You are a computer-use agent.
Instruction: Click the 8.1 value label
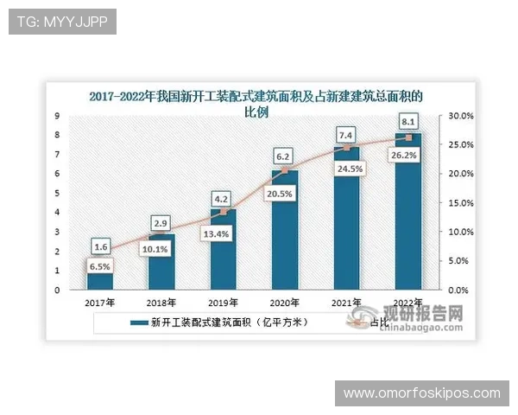point(409,122)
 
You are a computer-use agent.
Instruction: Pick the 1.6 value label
point(100,246)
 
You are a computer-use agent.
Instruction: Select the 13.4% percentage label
point(223,233)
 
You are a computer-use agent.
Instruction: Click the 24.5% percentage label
point(346,169)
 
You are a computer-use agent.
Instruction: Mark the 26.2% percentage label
point(408,156)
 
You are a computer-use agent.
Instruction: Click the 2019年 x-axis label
point(224,303)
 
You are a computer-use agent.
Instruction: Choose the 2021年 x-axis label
point(347,303)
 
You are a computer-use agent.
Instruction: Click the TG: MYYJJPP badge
point(62,21)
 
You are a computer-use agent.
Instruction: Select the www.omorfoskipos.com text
point(421,393)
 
